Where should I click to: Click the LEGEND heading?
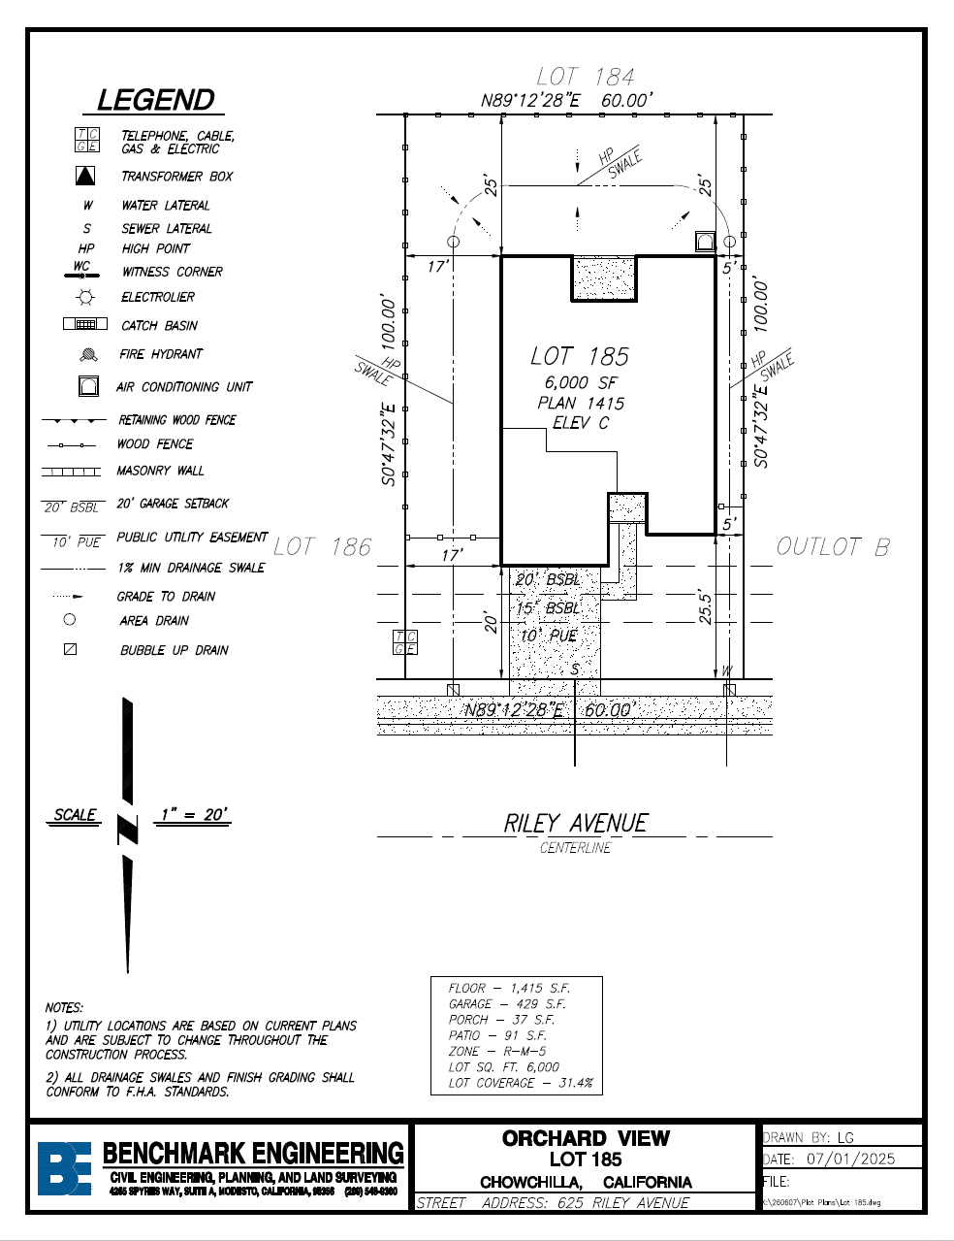(155, 100)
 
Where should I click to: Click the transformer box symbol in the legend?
(86, 176)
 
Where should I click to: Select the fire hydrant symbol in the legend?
(87, 355)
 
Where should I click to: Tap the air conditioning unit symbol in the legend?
(88, 386)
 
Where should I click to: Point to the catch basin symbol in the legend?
(85, 324)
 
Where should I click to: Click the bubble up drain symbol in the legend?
(70, 649)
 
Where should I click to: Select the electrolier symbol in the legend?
(86, 297)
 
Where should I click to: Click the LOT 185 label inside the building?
(580, 356)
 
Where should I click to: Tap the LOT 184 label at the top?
(586, 77)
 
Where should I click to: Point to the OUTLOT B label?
(833, 547)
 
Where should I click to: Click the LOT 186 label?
(322, 547)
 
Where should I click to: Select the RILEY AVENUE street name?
(575, 824)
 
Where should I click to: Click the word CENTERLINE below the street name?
(576, 848)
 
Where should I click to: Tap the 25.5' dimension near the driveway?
(706, 606)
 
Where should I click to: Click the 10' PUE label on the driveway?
(549, 636)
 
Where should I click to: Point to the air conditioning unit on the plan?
(705, 242)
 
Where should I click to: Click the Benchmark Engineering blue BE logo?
(64, 1167)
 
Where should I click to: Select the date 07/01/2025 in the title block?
(850, 1159)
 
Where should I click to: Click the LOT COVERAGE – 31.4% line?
(521, 1083)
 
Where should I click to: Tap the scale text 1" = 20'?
(194, 815)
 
